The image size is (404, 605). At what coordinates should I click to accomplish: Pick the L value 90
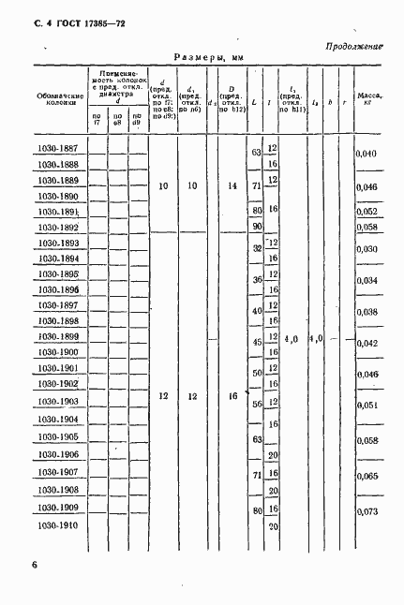coord(256,227)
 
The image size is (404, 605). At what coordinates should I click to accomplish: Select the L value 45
coord(256,343)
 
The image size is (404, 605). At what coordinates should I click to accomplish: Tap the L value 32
coord(256,248)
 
